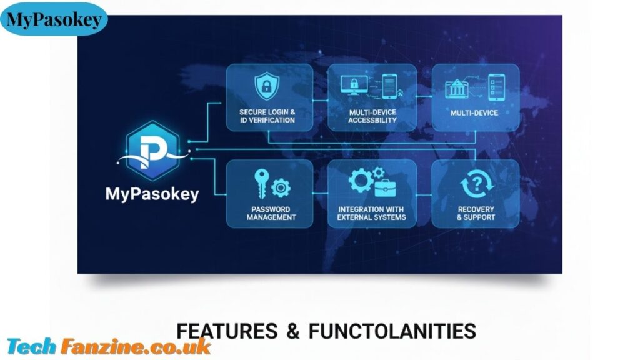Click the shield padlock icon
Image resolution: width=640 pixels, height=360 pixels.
[x=266, y=86]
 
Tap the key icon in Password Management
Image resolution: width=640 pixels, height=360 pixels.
[x=261, y=183]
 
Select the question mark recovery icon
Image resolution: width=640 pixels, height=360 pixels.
[x=477, y=184]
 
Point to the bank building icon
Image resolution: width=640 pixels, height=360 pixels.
[x=456, y=88]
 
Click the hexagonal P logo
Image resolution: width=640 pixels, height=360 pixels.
[x=152, y=151]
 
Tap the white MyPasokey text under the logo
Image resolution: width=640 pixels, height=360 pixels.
[x=152, y=194]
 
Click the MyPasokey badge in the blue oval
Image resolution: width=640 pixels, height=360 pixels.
[x=54, y=19]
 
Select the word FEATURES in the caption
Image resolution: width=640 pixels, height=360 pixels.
[x=227, y=331]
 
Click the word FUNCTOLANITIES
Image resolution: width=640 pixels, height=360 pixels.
[x=392, y=331]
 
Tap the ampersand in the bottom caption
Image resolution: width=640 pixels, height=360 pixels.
[x=293, y=331]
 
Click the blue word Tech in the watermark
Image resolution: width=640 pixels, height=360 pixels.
[x=31, y=347]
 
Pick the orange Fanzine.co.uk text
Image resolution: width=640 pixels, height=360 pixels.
[x=136, y=347]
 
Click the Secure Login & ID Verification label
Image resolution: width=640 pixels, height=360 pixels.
[x=267, y=116]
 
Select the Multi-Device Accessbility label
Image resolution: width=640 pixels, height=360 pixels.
[x=372, y=116]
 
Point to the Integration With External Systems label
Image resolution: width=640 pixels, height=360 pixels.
[x=371, y=214]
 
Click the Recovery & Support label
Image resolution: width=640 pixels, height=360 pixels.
[x=476, y=214]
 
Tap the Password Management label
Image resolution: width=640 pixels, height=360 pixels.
[x=271, y=214]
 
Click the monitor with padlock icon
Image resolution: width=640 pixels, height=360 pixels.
[x=354, y=85]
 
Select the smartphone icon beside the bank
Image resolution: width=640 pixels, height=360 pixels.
[x=496, y=87]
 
